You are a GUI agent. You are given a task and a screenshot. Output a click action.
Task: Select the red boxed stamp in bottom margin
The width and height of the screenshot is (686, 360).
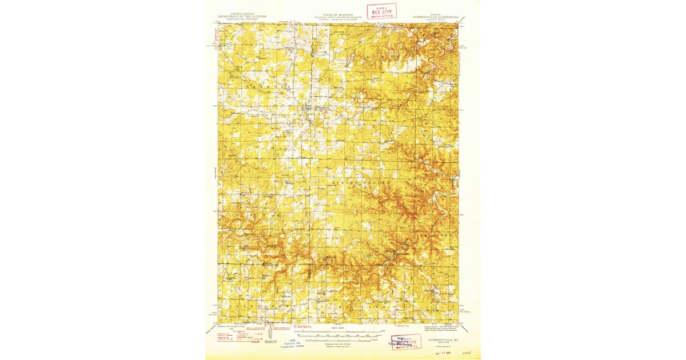[406, 341]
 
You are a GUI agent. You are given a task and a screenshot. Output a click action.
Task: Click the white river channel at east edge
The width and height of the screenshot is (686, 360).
[449, 194]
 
